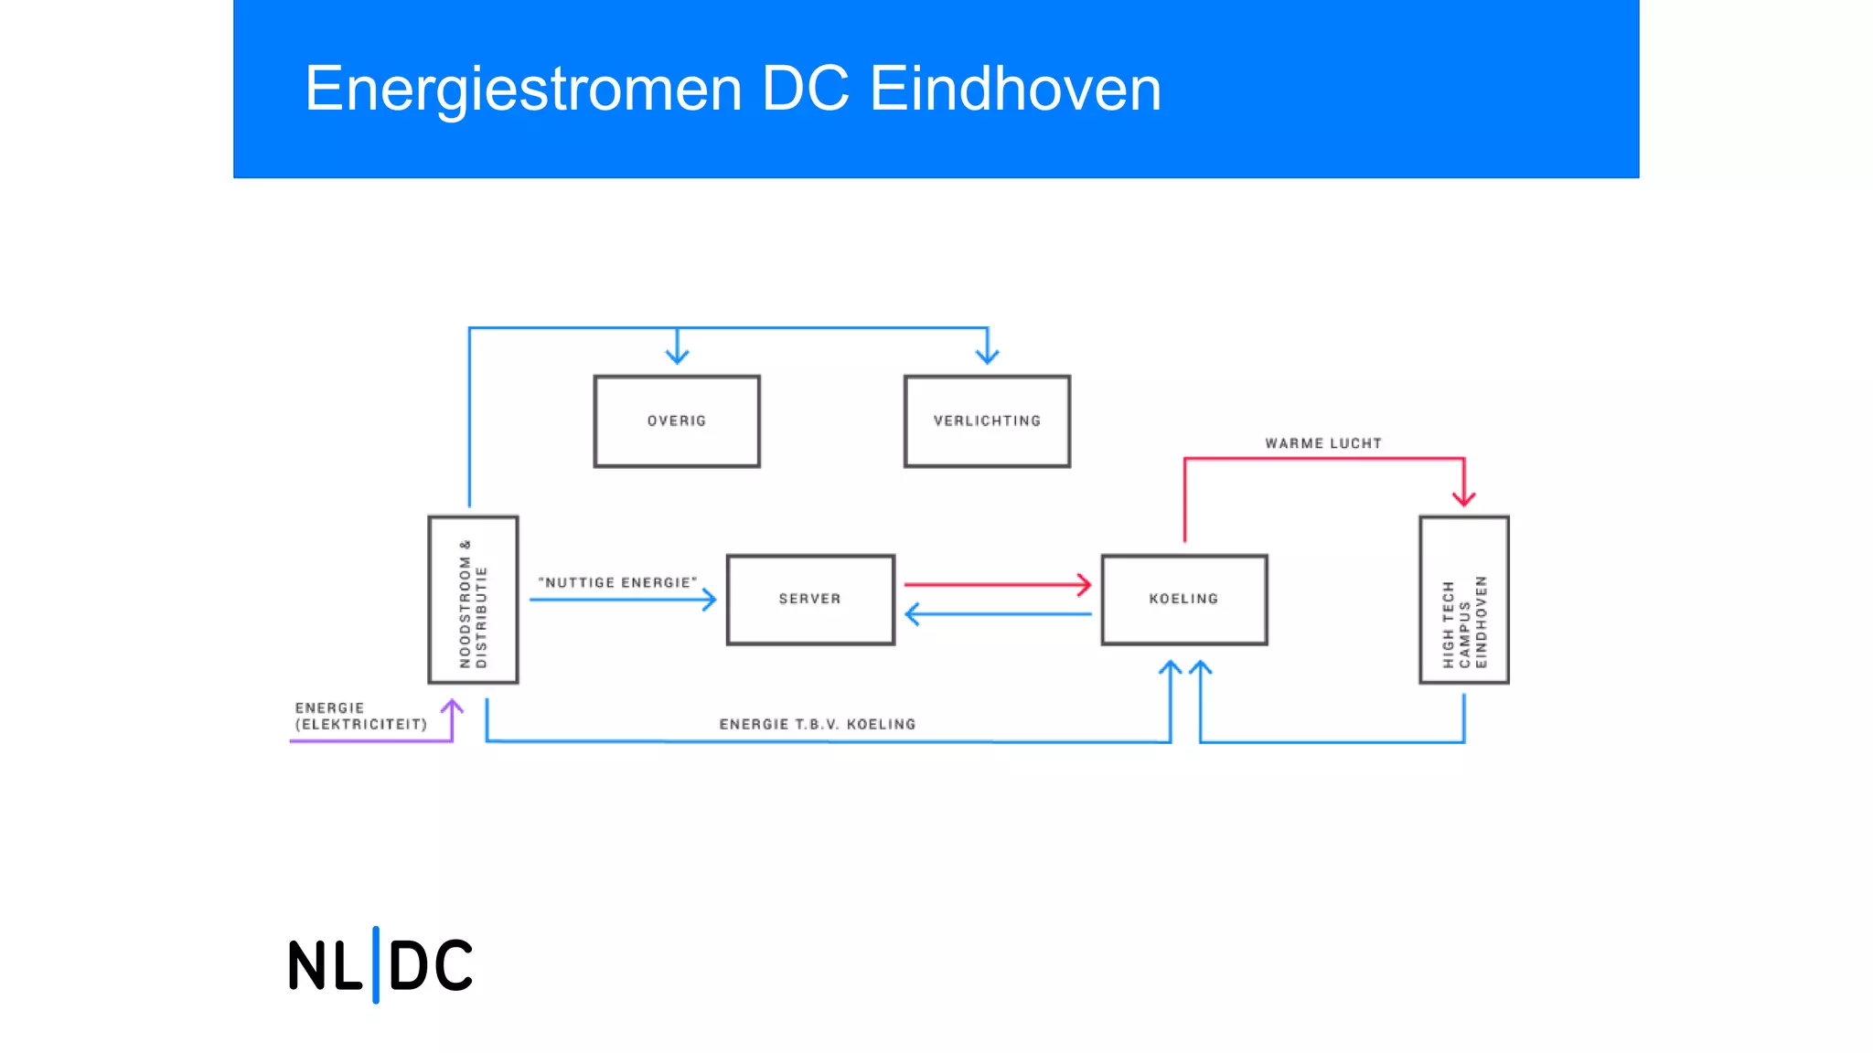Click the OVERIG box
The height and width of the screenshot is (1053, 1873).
coord(677,421)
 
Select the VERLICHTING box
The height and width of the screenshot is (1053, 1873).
coord(987,421)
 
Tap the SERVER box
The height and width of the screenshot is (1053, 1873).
coord(810,600)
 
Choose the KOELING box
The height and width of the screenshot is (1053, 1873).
coord(1184,600)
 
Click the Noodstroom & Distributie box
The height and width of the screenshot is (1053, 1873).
coord(473,600)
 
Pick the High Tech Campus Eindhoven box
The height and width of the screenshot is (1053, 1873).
coord(1463,600)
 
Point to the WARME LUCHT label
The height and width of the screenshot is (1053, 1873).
coord(1323,443)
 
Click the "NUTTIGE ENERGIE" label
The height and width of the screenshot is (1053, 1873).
coord(617,582)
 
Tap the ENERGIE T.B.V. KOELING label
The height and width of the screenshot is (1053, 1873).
coord(817,724)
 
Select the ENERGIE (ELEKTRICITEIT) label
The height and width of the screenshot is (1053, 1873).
coord(360,716)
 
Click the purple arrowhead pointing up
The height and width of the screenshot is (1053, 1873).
coord(452,707)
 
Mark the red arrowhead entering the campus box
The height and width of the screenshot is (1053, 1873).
coord(1463,497)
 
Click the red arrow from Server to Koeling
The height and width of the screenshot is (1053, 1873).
coord(996,584)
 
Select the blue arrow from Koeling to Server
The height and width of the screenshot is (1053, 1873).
coord(998,614)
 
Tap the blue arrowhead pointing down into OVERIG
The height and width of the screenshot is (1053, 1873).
coord(677,356)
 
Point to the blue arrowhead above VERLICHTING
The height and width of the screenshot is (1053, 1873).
coord(987,356)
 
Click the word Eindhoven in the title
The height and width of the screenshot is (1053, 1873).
coord(1015,89)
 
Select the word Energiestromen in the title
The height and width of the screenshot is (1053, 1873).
coord(523,89)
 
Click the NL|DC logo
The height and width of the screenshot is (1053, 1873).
coord(380,965)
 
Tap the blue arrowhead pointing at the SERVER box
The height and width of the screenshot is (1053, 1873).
coord(709,600)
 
